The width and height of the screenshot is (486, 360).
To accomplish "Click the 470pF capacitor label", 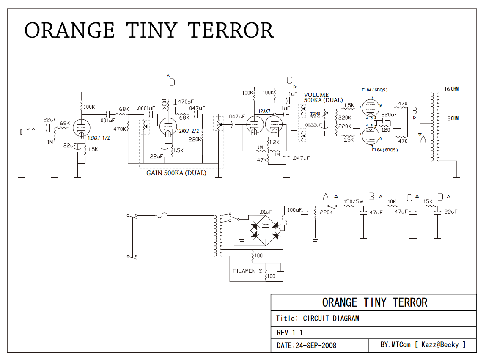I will (187, 102).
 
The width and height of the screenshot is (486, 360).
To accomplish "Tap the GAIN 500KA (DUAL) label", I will (176, 173).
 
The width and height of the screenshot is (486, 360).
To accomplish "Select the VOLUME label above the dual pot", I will (316, 95).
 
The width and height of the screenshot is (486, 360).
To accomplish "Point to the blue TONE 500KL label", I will (315, 115).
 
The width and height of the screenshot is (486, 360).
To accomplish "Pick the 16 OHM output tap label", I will (451, 89).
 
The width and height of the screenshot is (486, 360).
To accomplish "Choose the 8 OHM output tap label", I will (453, 118).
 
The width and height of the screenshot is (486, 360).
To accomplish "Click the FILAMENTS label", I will (247, 271).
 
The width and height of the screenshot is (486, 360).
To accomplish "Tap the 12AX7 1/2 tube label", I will (99, 138).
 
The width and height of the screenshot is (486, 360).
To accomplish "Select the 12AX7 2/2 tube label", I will (188, 131).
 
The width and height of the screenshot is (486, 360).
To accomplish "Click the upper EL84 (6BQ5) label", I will (375, 90).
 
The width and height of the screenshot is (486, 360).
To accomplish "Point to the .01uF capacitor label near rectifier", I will (266, 212).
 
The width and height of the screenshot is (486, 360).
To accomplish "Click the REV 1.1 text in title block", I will (290, 333).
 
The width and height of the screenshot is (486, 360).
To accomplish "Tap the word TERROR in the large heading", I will (231, 30).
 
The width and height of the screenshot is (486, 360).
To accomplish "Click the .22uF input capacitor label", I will (49, 120).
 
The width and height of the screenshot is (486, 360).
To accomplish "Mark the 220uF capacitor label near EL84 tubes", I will (389, 115).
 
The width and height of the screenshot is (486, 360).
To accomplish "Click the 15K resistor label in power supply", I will (428, 201).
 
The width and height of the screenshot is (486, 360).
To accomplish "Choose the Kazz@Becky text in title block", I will (440, 345).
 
